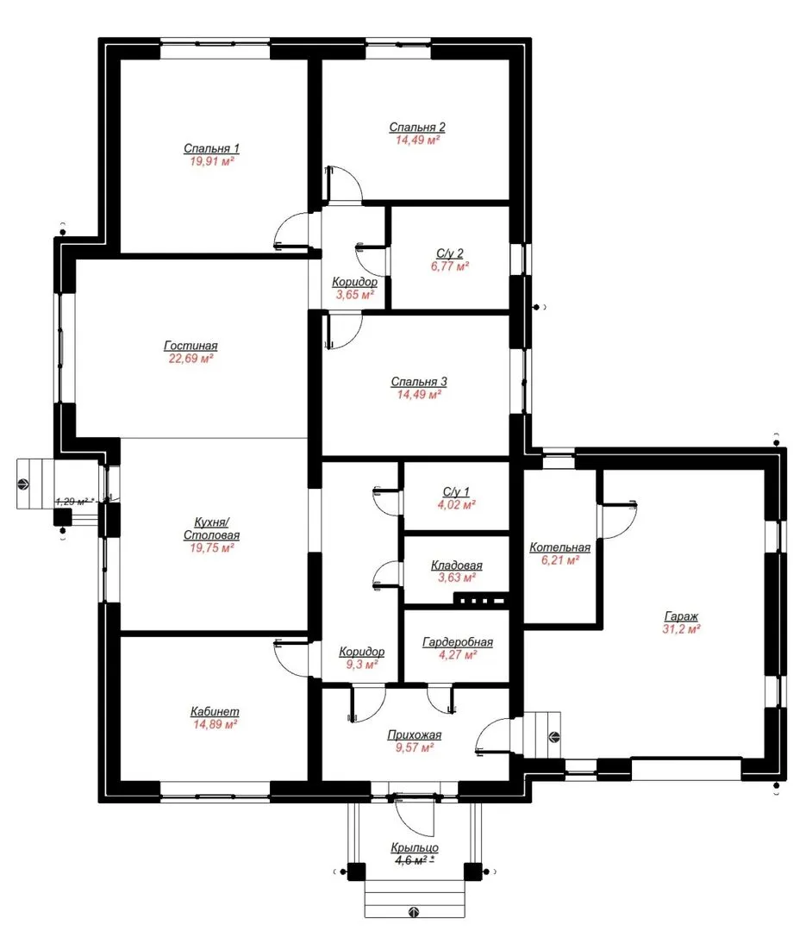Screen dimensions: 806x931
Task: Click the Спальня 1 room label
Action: (x=211, y=148)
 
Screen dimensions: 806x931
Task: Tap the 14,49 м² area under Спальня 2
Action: (x=417, y=141)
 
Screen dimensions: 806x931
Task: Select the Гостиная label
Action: (x=191, y=346)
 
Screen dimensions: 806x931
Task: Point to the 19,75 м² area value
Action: (x=211, y=548)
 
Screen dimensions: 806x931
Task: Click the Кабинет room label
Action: (x=215, y=711)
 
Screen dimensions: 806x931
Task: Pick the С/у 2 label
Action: (x=450, y=253)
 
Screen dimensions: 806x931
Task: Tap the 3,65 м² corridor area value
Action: (x=354, y=295)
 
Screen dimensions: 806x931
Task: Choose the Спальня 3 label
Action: (x=419, y=382)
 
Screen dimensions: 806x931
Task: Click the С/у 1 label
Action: (x=456, y=491)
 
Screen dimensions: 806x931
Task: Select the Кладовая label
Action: (x=457, y=565)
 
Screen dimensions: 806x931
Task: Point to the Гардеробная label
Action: (x=458, y=642)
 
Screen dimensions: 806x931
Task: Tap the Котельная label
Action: (x=560, y=547)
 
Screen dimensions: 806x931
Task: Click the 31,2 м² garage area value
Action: (x=681, y=629)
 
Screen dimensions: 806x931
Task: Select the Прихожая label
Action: (x=415, y=735)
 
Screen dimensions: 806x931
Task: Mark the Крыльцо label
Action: (x=415, y=848)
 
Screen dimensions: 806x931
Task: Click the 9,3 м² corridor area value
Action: (x=362, y=665)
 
